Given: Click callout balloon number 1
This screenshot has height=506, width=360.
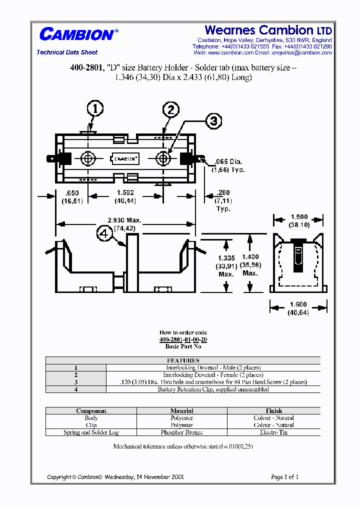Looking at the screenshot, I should click(x=95, y=108).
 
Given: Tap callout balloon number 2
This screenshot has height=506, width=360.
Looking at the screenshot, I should click(x=170, y=109).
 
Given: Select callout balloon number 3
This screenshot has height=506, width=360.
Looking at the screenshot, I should click(x=213, y=121).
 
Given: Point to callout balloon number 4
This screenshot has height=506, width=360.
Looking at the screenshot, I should click(x=105, y=234).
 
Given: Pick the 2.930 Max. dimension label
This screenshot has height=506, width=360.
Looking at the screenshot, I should click(x=125, y=220).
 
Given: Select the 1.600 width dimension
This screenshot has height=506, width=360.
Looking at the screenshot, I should click(x=298, y=304).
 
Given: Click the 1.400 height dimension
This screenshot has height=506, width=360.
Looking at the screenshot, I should click(x=250, y=256).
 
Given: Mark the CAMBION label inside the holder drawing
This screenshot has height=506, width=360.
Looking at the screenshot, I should click(x=125, y=159).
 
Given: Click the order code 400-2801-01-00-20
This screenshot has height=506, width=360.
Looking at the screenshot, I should click(x=183, y=339).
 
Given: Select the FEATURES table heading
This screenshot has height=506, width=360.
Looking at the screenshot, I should click(x=183, y=360).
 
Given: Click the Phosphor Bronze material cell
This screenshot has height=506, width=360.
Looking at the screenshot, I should click(x=182, y=432).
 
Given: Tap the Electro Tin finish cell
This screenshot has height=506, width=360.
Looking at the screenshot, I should click(x=273, y=432).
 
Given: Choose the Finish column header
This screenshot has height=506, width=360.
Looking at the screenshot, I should click(x=273, y=410).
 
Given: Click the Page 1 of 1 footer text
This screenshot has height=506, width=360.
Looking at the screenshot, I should click(x=284, y=477).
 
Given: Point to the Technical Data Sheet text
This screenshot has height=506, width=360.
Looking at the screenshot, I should click(x=67, y=52).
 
